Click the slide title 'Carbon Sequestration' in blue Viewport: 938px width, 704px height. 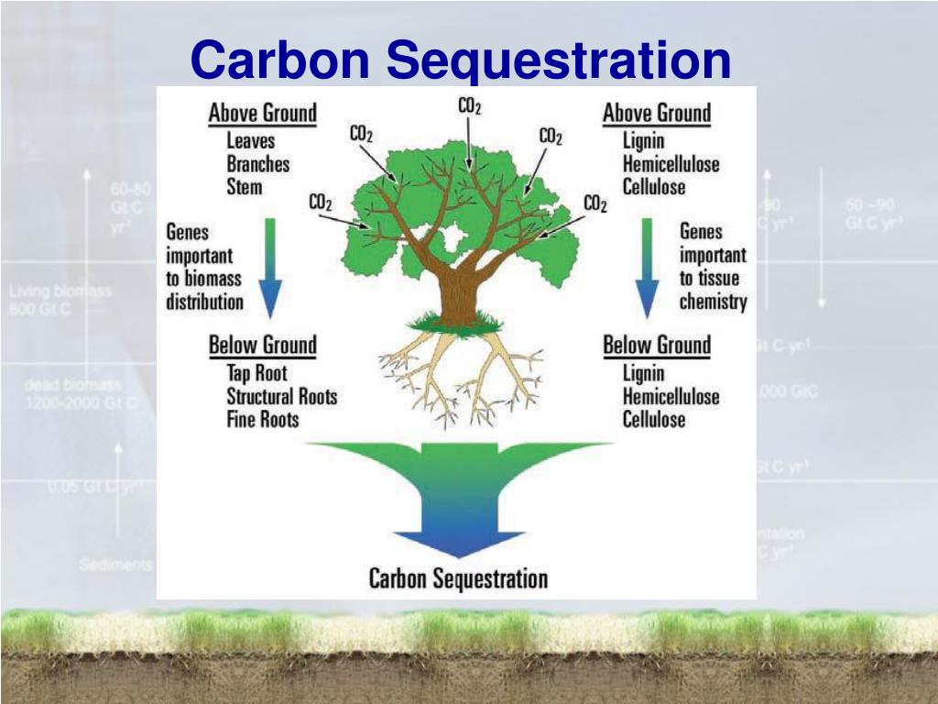coord(461,60)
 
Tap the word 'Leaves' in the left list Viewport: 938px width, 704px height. coord(250,141)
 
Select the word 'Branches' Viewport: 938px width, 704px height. coord(257,164)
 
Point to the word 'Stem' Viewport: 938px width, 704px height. coord(244,187)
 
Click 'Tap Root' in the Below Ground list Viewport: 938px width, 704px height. coord(256,373)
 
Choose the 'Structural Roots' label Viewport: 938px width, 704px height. coord(281,397)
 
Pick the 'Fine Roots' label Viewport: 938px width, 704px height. coord(263,420)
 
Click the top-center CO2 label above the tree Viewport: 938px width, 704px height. coord(469,106)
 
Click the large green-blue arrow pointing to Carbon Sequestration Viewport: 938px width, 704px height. coord(458,495)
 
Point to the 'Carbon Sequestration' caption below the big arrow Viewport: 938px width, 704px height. coord(458,578)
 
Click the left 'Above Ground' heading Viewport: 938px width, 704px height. coord(262,114)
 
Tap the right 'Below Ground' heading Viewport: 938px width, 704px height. coord(656,346)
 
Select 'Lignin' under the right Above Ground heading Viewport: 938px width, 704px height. coord(643,141)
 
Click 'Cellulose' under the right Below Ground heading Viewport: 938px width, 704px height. coord(653,420)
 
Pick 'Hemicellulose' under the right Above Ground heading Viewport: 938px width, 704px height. coord(671,164)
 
